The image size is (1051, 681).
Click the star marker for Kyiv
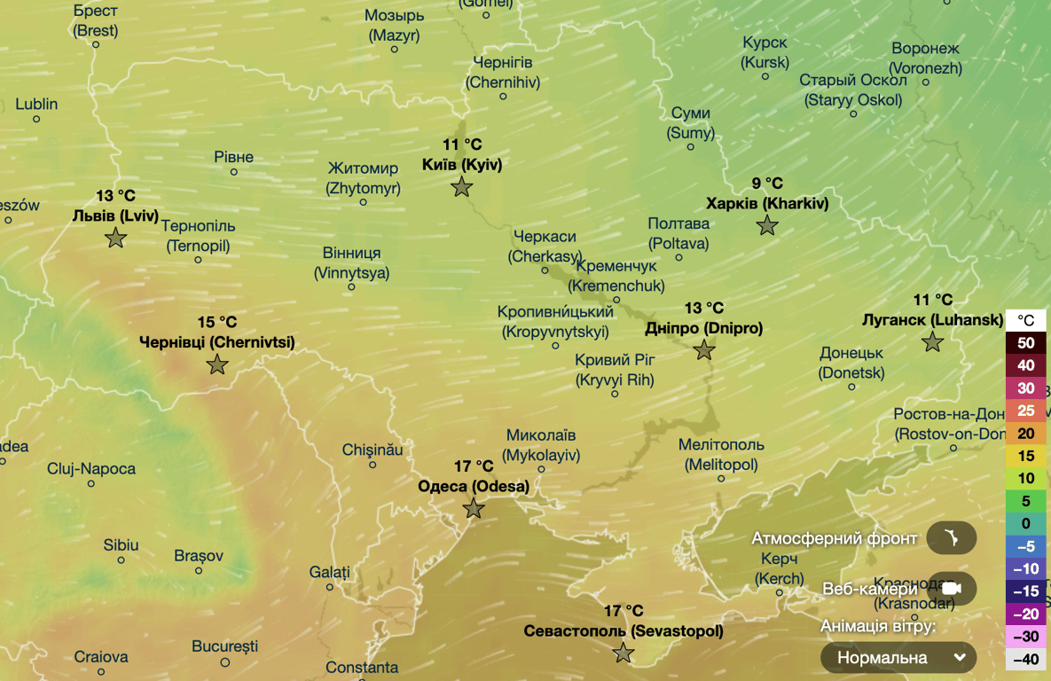(461, 187)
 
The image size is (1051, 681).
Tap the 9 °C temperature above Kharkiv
(767, 184)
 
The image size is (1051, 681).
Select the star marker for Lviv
(115, 238)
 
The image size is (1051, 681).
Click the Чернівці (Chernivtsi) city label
(217, 342)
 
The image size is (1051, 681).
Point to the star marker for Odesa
(474, 509)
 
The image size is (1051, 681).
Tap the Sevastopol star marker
(624, 654)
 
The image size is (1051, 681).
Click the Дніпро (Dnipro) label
(703, 328)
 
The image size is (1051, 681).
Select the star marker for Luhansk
(932, 342)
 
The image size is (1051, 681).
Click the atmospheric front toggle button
(951, 538)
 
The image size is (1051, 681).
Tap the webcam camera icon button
(951, 589)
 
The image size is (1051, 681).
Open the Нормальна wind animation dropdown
(898, 658)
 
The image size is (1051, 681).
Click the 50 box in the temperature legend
(1026, 342)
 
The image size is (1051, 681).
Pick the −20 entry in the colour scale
(1026, 614)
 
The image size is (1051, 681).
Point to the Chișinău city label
(373, 450)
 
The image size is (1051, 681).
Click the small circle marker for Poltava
(678, 258)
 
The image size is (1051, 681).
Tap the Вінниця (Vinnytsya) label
(351, 262)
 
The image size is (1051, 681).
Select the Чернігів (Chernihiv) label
(502, 72)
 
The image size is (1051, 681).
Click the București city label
(224, 646)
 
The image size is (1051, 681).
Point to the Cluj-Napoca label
(91, 468)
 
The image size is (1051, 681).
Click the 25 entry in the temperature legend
(1026, 411)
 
